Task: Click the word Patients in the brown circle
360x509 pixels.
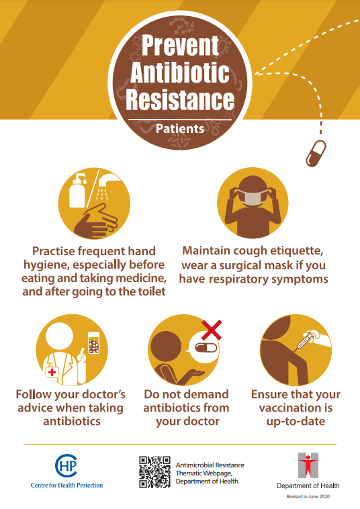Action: pyautogui.click(x=180, y=129)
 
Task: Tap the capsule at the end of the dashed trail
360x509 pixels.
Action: pyautogui.click(x=316, y=154)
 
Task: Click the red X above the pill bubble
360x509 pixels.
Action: pyautogui.click(x=212, y=330)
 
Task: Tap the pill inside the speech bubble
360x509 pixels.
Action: pyautogui.click(x=206, y=349)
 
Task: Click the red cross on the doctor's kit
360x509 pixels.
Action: pyautogui.click(x=52, y=372)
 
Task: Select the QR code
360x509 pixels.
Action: pyautogui.click(x=155, y=472)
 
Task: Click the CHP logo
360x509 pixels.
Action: pyautogui.click(x=66, y=465)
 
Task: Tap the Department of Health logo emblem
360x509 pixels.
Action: pyautogui.click(x=308, y=465)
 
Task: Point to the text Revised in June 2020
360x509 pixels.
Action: pyautogui.click(x=308, y=496)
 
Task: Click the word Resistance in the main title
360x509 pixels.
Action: pyautogui.click(x=180, y=99)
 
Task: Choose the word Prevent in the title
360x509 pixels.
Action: pyautogui.click(x=180, y=45)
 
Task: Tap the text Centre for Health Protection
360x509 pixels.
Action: pyautogui.click(x=66, y=485)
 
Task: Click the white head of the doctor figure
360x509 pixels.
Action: pyautogui.click(x=59, y=336)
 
